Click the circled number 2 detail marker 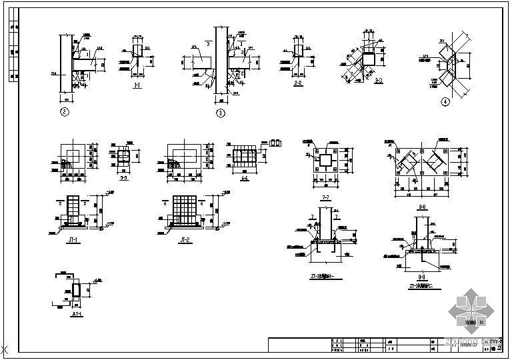pyautogui.click(x=64, y=111)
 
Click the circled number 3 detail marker pyautogui.click(x=221, y=113)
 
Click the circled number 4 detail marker pyautogui.click(x=445, y=102)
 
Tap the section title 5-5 pyautogui.click(x=122, y=177)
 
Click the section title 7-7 pyautogui.click(x=326, y=197)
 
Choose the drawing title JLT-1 pyautogui.click(x=77, y=312)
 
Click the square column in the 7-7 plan pyautogui.click(x=326, y=161)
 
